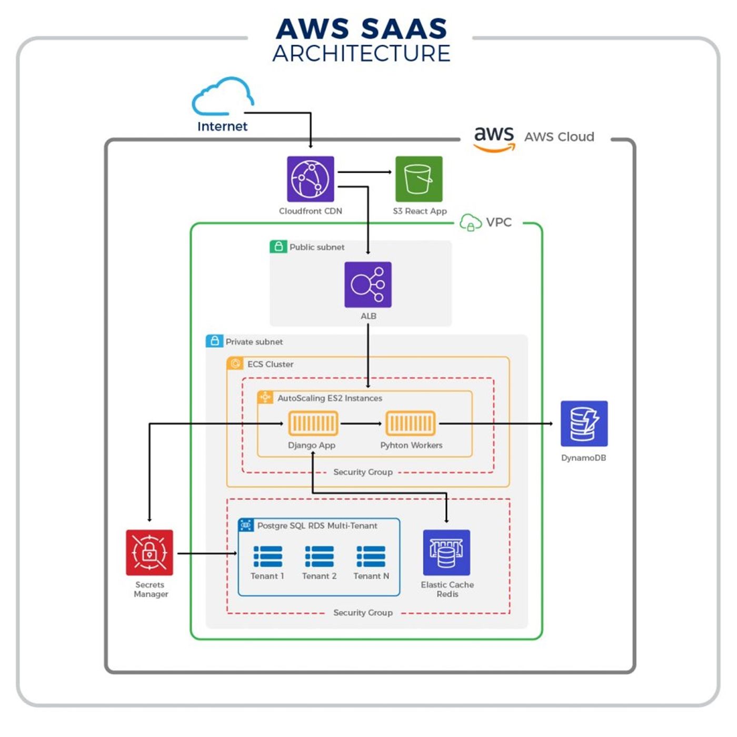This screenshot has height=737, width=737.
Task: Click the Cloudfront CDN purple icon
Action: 310,179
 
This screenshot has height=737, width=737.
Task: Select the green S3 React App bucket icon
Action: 419,179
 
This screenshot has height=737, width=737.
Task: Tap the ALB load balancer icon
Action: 367,284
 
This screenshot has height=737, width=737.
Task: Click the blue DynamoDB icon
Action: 584,423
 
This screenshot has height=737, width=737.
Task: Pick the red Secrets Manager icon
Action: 150,552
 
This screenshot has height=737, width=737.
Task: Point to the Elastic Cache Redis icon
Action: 446,552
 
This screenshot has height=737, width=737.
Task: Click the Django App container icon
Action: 313,423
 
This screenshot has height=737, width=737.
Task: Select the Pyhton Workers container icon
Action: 411,423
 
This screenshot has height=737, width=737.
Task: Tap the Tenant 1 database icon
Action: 267,556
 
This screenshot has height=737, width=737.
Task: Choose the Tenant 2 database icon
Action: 319,556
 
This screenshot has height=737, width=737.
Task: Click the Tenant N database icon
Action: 371,556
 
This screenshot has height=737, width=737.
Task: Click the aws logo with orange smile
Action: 494,138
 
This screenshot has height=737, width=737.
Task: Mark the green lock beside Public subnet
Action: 278,246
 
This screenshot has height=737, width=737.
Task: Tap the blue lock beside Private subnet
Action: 214,341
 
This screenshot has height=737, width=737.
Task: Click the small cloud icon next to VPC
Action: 470,223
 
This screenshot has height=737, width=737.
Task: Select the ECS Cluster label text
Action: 270,364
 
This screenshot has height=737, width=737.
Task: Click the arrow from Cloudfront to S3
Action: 365,172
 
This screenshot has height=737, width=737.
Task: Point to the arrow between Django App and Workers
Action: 361,423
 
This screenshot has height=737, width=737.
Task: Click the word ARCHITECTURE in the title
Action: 361,54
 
